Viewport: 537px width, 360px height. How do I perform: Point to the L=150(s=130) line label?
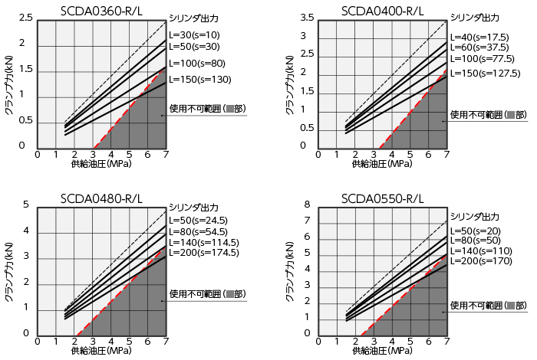click(x=199, y=80)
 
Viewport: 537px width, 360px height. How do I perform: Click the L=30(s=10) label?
click(x=194, y=34)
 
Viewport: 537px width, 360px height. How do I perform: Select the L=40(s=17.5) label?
click(x=481, y=37)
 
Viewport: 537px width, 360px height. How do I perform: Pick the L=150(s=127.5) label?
click(x=485, y=74)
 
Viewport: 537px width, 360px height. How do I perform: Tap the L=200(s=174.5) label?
click(x=204, y=251)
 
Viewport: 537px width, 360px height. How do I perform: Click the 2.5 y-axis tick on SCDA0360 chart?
click(x=25, y=18)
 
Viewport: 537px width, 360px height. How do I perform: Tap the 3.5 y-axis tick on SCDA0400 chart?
click(x=308, y=18)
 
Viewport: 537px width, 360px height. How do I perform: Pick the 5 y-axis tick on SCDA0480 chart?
click(x=25, y=205)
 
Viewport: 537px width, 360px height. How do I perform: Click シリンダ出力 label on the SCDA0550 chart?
click(x=475, y=216)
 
